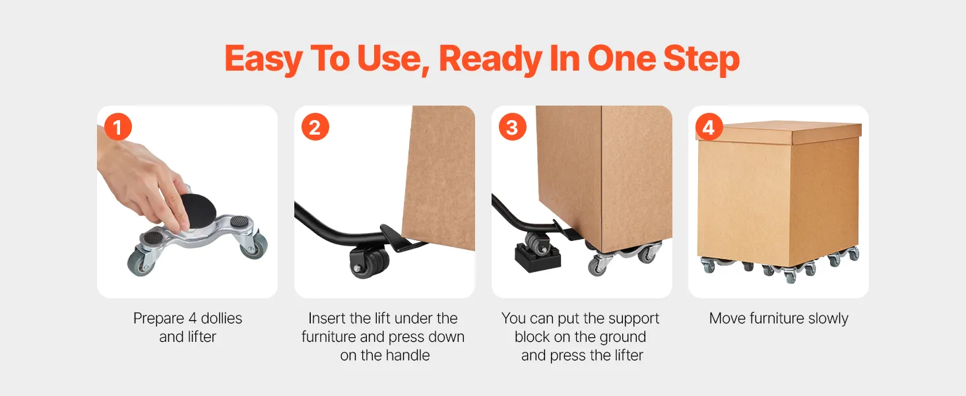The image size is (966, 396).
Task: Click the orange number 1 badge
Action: click(117, 127)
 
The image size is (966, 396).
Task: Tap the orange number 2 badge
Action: click(315, 127)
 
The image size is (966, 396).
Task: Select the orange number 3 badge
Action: click(512, 127)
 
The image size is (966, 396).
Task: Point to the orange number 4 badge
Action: click(709, 127)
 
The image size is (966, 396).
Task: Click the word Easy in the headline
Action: click(263, 59)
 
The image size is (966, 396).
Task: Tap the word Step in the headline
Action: click(701, 59)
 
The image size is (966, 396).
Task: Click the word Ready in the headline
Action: click(490, 59)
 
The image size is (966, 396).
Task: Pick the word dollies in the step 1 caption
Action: click(221, 318)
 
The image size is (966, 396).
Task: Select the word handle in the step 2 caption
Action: click(407, 355)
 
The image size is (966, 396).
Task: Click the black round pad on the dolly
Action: click(197, 209)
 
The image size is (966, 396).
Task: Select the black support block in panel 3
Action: click(537, 257)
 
